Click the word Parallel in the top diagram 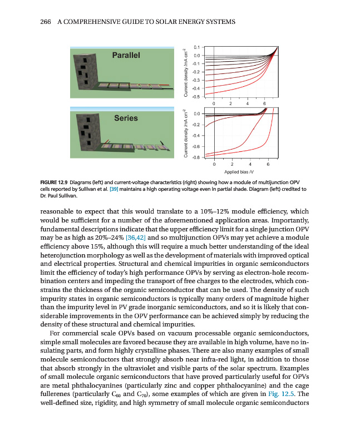tap(126, 55)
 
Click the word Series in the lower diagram tap(126, 118)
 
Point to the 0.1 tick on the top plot tap(196, 47)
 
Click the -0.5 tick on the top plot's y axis tap(196, 97)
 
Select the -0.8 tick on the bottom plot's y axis tap(196, 157)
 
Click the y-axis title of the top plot tap(186, 72)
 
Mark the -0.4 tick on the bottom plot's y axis tap(196, 136)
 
